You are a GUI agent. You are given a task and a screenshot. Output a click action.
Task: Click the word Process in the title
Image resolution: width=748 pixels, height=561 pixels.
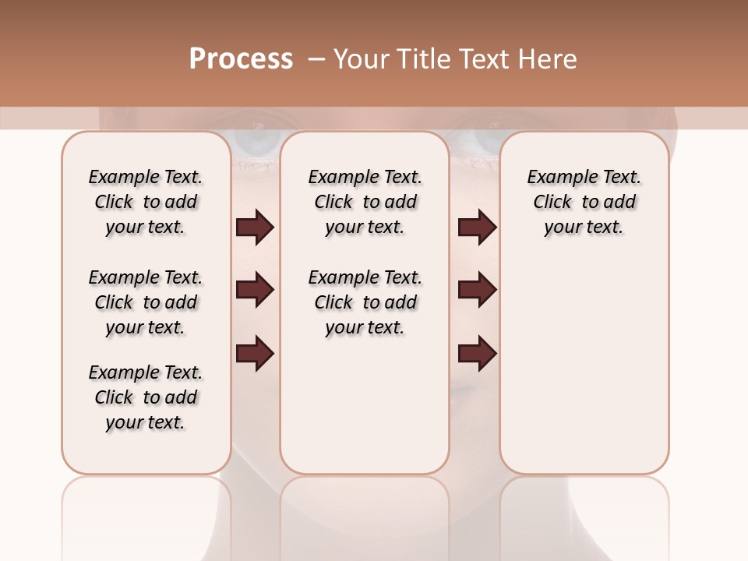point(241,59)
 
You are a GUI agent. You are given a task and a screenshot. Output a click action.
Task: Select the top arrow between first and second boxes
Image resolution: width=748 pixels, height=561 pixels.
point(255,228)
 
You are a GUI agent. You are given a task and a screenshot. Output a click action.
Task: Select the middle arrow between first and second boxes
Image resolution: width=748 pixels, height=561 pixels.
point(255,290)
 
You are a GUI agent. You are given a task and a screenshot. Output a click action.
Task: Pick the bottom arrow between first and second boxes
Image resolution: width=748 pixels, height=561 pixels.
point(255,353)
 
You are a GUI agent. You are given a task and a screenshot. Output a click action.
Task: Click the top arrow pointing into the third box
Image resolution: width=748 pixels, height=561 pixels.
point(477,228)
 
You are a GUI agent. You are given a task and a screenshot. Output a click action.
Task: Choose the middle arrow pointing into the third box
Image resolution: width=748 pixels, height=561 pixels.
point(477,290)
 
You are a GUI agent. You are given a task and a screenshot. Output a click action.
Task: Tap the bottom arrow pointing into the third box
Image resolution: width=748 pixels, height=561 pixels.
point(477,353)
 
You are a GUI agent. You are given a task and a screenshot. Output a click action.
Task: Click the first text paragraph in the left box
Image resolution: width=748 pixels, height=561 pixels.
point(146,202)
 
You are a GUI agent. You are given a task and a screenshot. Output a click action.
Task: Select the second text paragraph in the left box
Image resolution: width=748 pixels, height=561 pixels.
point(146,302)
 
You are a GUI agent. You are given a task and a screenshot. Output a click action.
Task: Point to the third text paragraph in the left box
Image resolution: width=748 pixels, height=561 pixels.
point(146,397)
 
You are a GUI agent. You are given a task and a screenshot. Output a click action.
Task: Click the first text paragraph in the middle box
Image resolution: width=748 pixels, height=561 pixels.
point(365,202)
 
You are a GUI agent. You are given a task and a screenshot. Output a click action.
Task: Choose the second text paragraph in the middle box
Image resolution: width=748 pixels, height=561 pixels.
point(365,302)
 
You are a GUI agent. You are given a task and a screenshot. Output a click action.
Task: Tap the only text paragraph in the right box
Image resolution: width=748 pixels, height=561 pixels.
point(584,202)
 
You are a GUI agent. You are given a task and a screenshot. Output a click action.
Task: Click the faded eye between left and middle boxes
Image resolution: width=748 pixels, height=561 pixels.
point(255,143)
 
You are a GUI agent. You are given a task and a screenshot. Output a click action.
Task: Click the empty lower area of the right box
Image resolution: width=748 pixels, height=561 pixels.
point(584,366)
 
